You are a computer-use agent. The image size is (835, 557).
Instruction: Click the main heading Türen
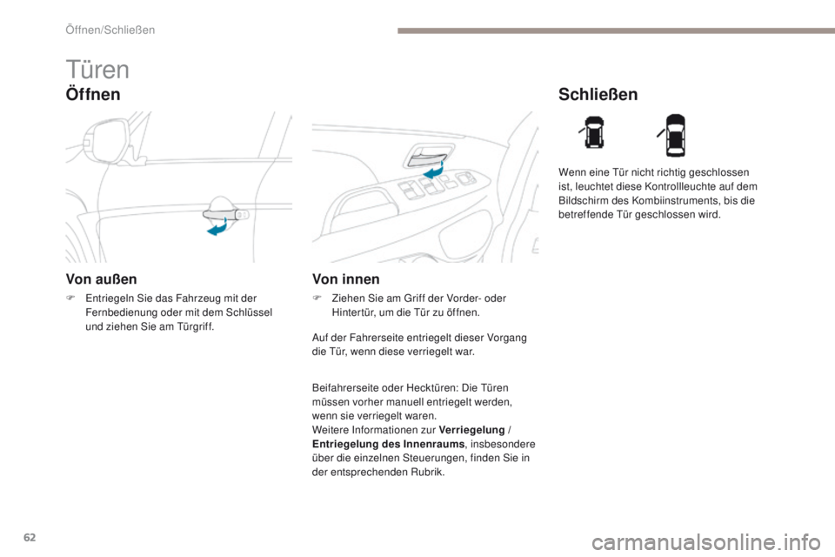(x=97, y=70)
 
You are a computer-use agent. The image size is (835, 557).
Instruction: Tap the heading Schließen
(x=598, y=94)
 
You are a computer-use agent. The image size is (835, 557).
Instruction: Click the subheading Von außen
(x=101, y=280)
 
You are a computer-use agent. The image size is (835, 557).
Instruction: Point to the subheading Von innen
(x=345, y=280)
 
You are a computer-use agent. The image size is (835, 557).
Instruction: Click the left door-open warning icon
(x=593, y=135)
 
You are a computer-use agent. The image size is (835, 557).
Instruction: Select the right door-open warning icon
(x=676, y=135)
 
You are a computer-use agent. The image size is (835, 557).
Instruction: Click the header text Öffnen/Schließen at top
(x=110, y=30)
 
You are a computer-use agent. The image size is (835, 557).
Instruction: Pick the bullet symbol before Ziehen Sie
(x=317, y=299)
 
